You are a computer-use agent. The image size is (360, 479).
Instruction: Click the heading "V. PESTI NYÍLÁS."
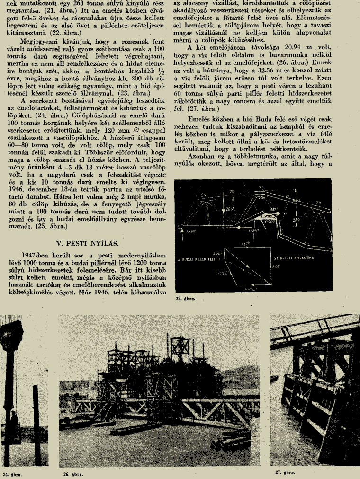pos(87,244)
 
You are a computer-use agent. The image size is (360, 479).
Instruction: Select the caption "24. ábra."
pos(11,473)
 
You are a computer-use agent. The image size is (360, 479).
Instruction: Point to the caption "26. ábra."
pos(73,473)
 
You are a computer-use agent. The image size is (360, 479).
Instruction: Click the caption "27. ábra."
pos(285,472)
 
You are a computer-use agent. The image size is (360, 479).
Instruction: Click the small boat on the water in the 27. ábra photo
pos(275,378)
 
